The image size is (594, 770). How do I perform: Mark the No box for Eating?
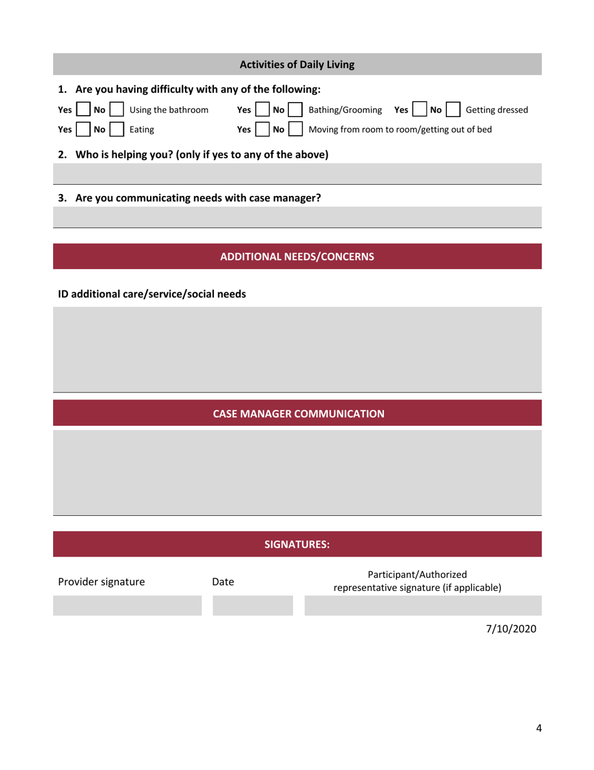pos(116,130)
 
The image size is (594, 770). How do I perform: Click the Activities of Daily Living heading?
pos(297,64)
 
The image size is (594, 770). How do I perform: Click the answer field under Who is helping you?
pos(297,174)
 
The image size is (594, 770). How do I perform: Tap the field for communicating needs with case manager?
pos(297,218)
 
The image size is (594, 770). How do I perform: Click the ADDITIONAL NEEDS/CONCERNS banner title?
pos(297,257)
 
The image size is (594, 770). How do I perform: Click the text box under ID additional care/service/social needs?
pos(297,349)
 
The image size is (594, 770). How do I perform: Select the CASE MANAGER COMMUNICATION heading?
pos(297,414)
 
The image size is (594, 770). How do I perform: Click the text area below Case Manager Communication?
pos(297,472)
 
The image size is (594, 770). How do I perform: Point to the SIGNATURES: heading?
pos(297,545)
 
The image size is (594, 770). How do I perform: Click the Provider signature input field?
pos(128,606)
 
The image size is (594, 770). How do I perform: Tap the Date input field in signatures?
pos(253,606)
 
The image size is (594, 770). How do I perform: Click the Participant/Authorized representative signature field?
pos(423,606)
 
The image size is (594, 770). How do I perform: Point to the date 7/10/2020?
pos(511,629)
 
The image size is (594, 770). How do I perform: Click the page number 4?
pos(538,727)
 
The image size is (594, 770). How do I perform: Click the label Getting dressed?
pos(497,110)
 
